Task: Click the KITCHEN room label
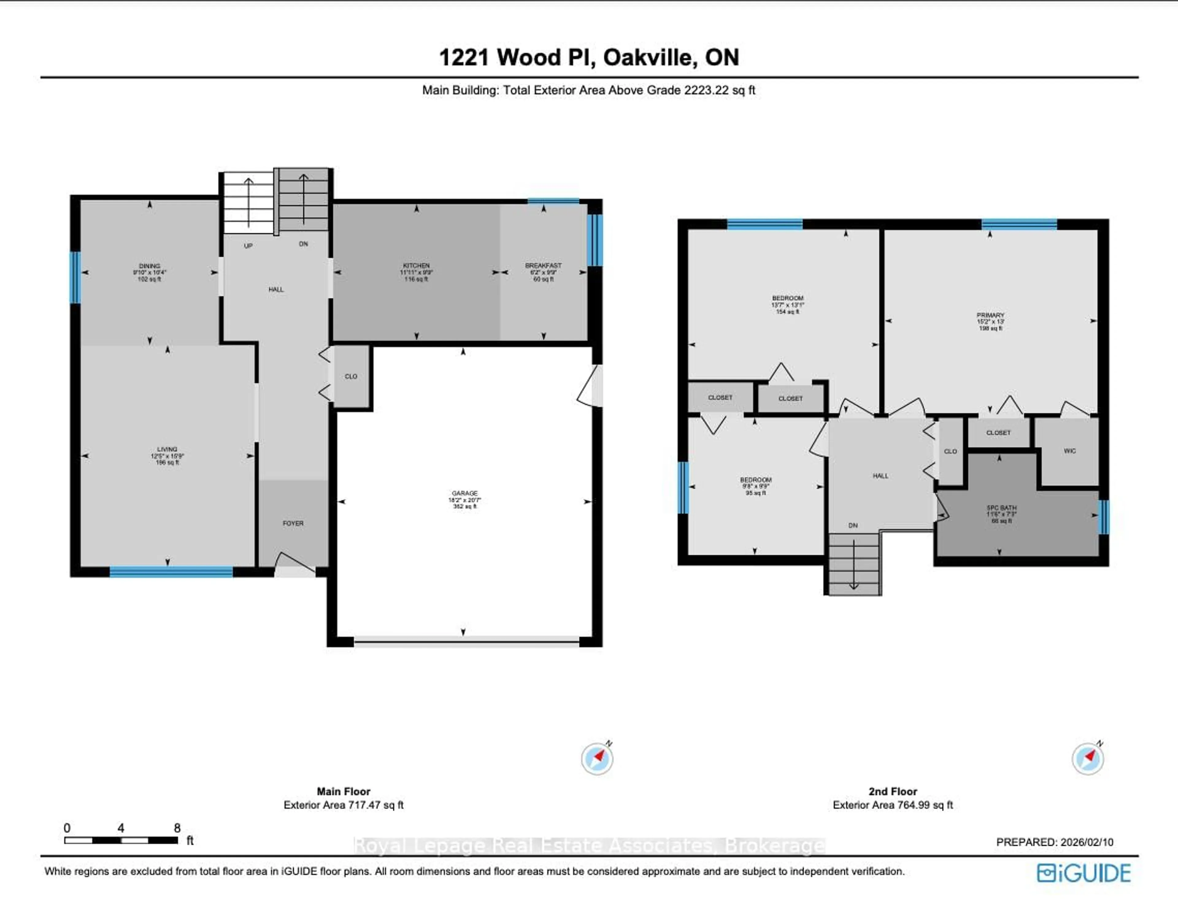tap(416, 266)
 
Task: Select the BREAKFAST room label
tap(543, 266)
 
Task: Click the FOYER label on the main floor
tap(293, 523)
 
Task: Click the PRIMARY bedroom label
tap(990, 315)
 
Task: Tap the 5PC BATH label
tap(1001, 508)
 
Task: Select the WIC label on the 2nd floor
tap(1070, 451)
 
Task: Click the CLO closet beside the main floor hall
tap(351, 376)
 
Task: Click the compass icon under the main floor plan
tap(597, 758)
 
